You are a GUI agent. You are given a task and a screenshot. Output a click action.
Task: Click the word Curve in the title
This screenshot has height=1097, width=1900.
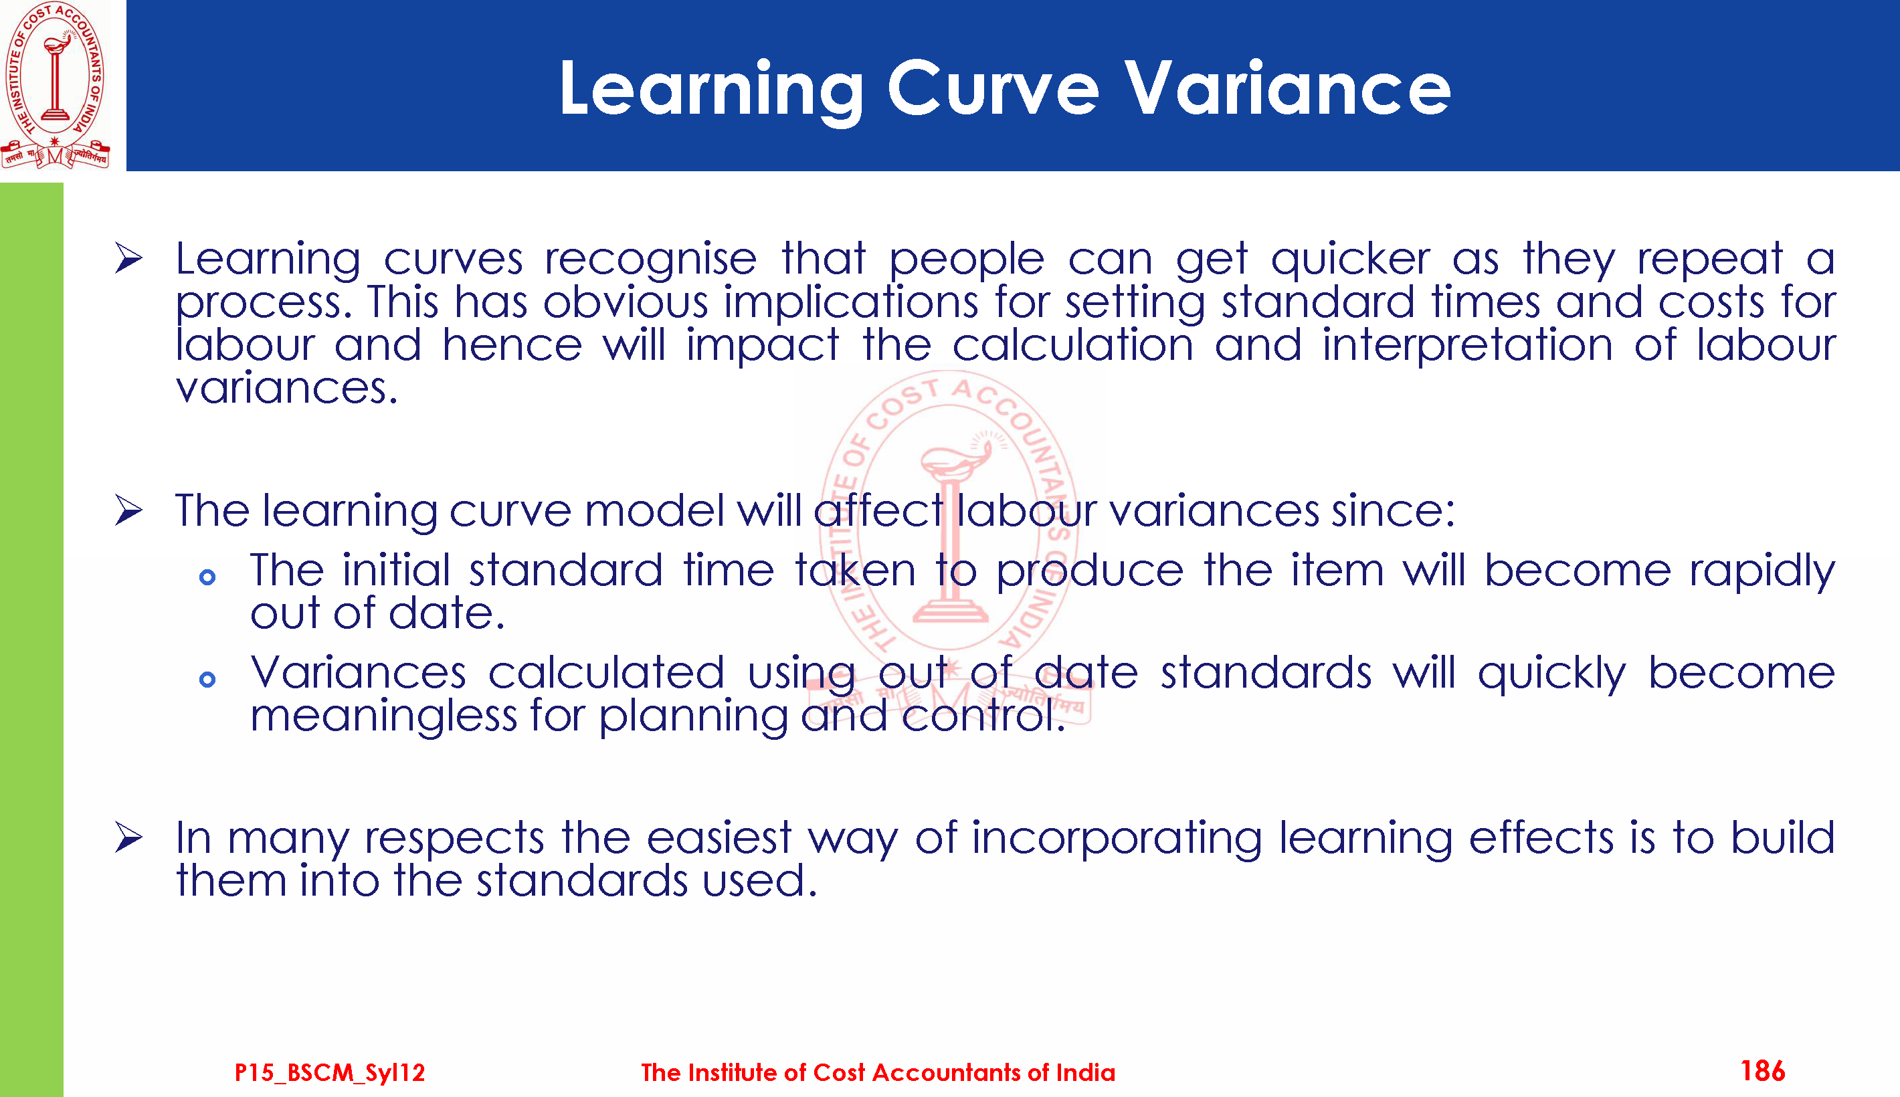point(993,89)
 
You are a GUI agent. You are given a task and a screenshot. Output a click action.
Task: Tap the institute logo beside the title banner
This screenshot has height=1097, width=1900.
point(55,85)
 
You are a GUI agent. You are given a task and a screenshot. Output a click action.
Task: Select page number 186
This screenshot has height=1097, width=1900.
point(1762,1071)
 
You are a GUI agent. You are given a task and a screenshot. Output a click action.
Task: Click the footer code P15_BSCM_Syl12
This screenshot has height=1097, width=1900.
point(329,1072)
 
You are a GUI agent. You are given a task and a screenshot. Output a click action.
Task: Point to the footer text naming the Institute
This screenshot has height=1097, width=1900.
point(878,1072)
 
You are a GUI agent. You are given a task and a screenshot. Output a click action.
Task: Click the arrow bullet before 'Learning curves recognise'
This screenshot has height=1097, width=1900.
point(129,258)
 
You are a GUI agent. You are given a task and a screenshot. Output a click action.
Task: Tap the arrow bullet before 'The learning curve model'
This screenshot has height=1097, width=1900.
point(129,511)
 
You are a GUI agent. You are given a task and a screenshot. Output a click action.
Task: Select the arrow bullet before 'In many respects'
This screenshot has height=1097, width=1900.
point(129,838)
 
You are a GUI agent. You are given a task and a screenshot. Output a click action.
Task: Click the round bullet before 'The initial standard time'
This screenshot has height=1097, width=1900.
point(207,578)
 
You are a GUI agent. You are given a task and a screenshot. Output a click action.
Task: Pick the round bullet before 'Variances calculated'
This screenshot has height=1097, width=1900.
point(207,680)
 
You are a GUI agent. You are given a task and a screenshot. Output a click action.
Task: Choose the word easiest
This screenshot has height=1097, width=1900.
point(719,838)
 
